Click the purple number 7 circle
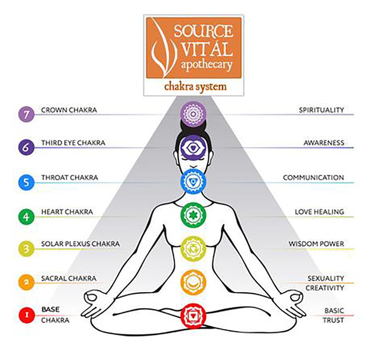click(26, 114)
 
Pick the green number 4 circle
click(26, 217)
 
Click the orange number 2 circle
click(26, 282)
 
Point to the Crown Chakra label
click(69, 110)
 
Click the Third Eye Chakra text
click(73, 143)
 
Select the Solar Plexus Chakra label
click(80, 243)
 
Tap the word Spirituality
click(321, 110)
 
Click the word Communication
click(313, 178)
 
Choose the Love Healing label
click(319, 212)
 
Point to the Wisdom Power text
click(316, 244)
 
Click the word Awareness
click(324, 143)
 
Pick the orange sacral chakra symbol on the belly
click(193, 282)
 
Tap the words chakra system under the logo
click(195, 87)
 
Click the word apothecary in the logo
click(206, 64)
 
